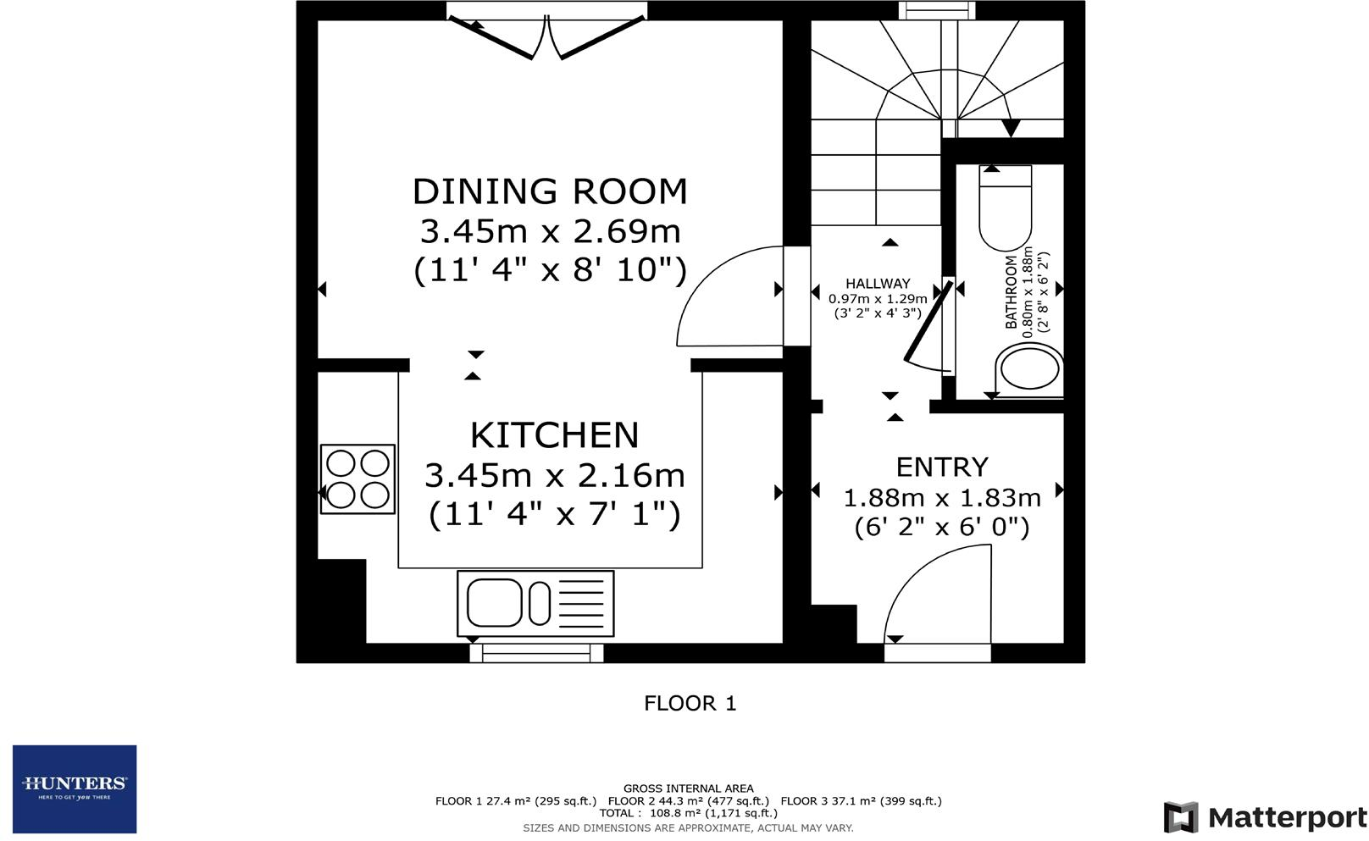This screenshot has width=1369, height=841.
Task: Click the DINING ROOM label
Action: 550,191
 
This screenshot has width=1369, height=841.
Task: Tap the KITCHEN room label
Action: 554,435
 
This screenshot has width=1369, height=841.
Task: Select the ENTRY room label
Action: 942,468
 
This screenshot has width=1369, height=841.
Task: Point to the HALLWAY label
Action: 878,284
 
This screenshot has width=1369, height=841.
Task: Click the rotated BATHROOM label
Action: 1011,291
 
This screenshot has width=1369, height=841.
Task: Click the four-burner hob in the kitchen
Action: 357,479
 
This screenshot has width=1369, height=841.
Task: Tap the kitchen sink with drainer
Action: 535,603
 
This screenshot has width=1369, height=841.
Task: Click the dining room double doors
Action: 546,38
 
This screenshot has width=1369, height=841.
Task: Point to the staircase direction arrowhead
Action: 1011,129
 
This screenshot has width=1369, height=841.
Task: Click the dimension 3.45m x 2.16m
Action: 554,475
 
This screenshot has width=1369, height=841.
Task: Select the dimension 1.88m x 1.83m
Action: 942,498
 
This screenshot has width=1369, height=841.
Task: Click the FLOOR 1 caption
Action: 690,703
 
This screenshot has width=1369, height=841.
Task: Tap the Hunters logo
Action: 75,788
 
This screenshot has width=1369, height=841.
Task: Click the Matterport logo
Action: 1266,817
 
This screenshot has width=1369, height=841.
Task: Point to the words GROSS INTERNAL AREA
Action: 688,788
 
